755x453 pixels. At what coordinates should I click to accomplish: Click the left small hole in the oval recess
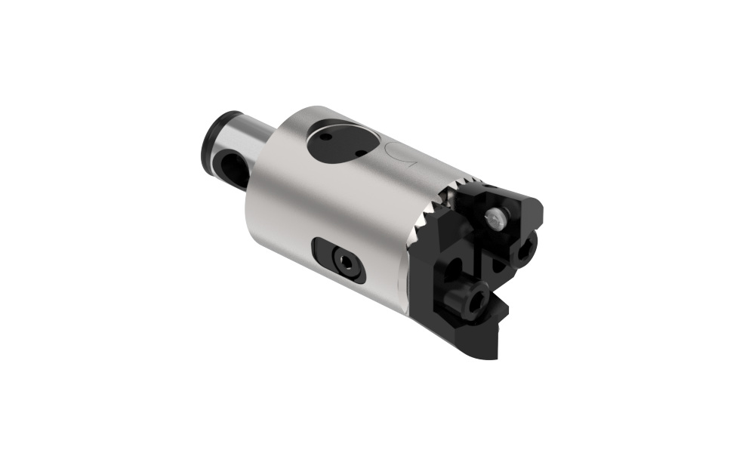[325, 137]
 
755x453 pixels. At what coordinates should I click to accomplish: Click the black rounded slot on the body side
[339, 260]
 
